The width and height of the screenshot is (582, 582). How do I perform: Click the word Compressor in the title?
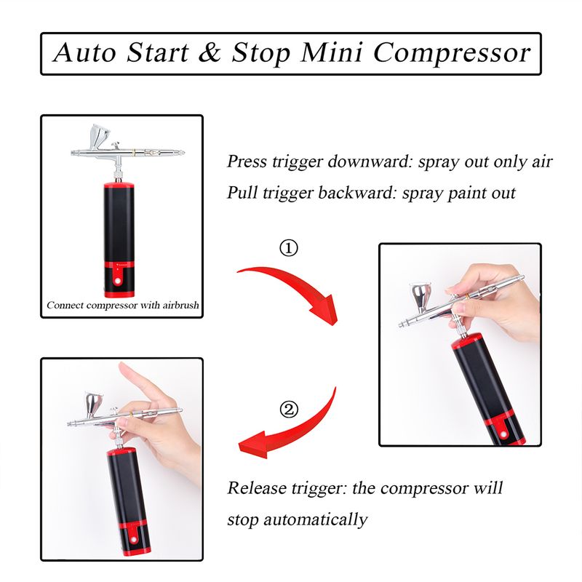452,54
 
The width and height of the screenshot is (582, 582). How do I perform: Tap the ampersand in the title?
210,52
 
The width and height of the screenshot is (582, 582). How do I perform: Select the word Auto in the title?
84,52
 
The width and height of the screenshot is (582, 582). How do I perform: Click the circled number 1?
288,248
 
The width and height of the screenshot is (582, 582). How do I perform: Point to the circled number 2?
288,410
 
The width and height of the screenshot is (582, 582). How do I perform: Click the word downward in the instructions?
370,162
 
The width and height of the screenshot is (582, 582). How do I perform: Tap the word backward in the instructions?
358,193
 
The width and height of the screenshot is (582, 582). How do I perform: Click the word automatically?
315,519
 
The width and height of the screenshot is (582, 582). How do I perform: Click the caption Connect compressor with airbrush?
122,305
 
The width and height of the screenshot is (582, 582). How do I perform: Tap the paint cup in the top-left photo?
99,137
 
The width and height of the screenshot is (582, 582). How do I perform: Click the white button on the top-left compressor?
119,282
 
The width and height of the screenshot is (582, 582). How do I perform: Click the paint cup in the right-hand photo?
420,298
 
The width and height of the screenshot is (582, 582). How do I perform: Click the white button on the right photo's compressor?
503,434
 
